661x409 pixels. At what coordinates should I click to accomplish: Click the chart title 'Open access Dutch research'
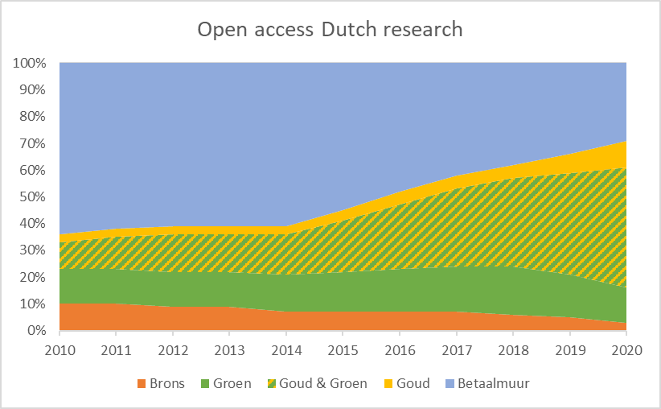point(330,30)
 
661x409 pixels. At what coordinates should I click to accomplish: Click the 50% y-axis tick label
point(34,196)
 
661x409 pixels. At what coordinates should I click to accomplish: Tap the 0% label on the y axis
point(37,331)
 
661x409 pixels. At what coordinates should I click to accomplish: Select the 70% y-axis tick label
point(34,143)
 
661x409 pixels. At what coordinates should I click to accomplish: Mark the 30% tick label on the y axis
point(34,250)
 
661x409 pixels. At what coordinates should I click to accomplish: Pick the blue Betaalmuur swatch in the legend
point(452,384)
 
